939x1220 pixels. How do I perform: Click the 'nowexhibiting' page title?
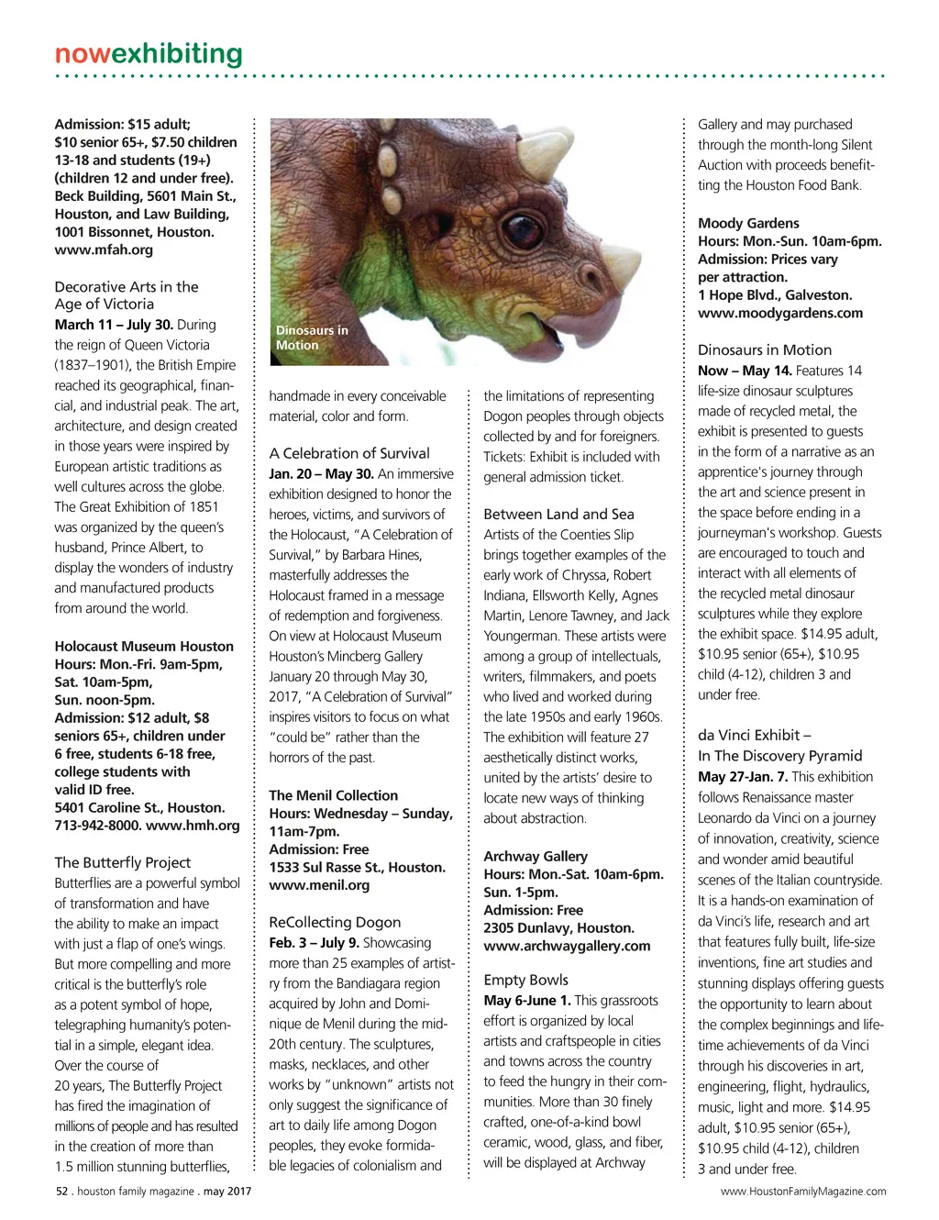149,54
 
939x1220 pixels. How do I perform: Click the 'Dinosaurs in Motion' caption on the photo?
312,338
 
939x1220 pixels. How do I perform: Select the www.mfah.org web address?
104,250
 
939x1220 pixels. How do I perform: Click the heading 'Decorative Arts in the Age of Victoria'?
126,295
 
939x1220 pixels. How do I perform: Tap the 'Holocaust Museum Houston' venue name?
144,647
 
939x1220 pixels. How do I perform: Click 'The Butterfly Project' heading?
123,862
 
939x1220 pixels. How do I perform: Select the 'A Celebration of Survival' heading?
349,453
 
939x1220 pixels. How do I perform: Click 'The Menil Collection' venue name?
333,796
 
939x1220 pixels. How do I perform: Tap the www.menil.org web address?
319,885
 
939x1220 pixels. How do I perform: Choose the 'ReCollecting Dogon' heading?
335,922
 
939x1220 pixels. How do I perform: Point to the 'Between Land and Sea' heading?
558,514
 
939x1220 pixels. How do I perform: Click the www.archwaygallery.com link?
567,946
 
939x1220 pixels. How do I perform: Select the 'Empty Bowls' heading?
525,980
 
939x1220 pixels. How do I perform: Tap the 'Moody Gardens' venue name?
748,223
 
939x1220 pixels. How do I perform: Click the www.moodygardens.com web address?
780,313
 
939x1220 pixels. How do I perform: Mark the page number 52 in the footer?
62,1192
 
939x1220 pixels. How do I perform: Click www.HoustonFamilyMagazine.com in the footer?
803,1192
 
